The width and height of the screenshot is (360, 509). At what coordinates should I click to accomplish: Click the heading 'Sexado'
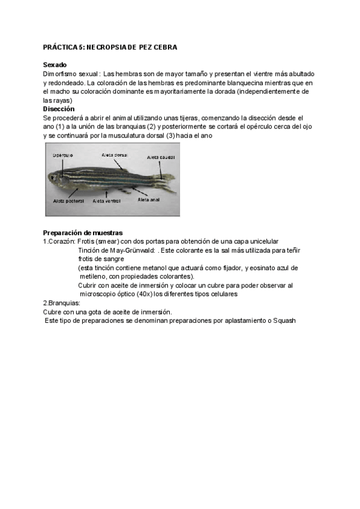(x=55, y=65)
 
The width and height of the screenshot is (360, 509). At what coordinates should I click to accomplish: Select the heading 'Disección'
(x=59, y=109)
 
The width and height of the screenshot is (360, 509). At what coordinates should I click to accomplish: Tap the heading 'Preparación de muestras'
(x=83, y=232)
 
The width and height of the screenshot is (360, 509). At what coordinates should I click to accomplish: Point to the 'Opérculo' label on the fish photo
(x=63, y=154)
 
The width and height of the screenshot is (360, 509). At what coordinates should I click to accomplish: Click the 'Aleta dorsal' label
(x=114, y=154)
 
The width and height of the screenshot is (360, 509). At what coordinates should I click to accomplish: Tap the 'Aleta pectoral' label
(x=68, y=201)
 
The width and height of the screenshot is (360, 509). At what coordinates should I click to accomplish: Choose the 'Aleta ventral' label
(x=106, y=201)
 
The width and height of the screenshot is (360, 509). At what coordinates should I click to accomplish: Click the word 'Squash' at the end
(x=284, y=321)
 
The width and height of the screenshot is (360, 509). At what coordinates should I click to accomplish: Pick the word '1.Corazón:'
(x=59, y=241)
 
